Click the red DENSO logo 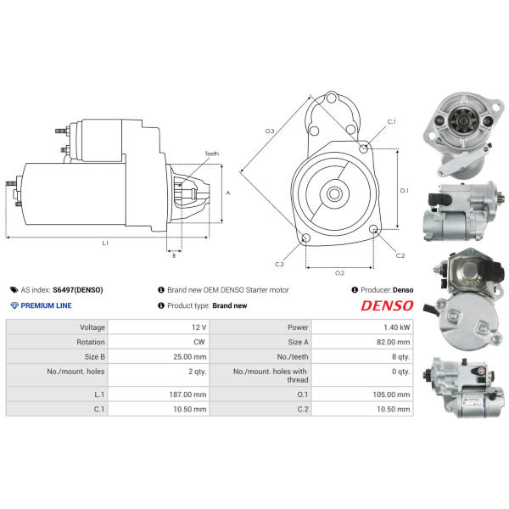(387, 305)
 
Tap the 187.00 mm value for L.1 (187, 394)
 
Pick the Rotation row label (91, 342)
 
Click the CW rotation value (199, 342)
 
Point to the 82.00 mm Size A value (394, 342)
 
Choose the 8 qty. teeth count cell (401, 357)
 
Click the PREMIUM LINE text (46, 305)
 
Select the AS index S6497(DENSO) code (78, 290)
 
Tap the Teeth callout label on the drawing (211, 154)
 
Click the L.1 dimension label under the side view (105, 243)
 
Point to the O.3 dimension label (270, 131)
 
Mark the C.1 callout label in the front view (392, 121)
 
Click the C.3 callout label (279, 264)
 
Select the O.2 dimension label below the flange (339, 273)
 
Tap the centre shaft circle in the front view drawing (334, 194)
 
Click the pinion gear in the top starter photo (462, 120)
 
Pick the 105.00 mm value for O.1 (391, 394)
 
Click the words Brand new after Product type (230, 305)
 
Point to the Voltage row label (92, 327)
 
